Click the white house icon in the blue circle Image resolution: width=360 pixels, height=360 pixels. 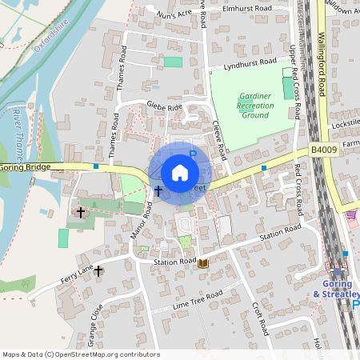pos(179,173)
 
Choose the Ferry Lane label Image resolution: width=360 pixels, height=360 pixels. pos(77,274)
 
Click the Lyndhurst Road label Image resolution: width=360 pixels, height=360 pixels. pos(250,62)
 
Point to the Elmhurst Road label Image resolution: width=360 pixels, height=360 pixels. pos(248,9)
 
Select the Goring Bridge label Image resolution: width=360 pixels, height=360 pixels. pos(26,167)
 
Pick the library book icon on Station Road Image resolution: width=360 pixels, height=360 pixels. pos(203,262)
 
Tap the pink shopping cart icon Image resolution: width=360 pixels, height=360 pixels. pos(350,214)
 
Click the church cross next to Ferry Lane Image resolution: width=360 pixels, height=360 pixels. pos(98,271)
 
